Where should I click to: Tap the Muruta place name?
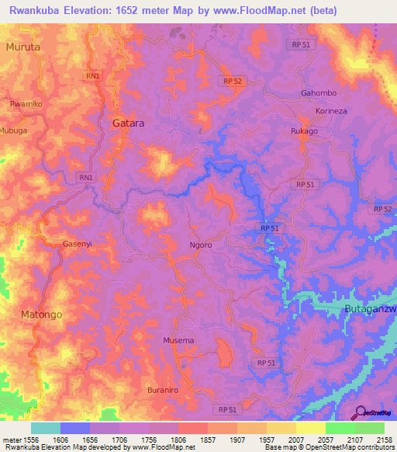(x=22, y=47)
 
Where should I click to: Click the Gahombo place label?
(x=318, y=93)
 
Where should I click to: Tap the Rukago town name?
(x=304, y=131)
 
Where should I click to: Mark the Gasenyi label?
(x=78, y=243)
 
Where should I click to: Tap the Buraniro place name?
(x=164, y=389)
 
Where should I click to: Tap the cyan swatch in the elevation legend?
(x=45, y=428)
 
